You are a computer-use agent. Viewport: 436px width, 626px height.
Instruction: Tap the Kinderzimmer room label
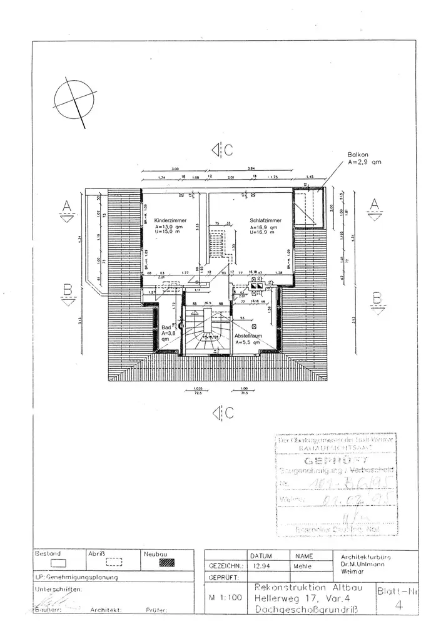tap(157, 220)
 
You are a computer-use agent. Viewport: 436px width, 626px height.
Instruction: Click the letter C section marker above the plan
tap(229, 150)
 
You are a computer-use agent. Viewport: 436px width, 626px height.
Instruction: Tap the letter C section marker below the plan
tap(229, 412)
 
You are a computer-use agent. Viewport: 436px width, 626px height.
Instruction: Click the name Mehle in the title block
tap(303, 566)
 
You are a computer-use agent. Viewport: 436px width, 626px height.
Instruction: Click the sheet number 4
tap(398, 605)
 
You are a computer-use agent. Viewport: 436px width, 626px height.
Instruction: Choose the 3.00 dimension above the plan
tap(175, 169)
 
